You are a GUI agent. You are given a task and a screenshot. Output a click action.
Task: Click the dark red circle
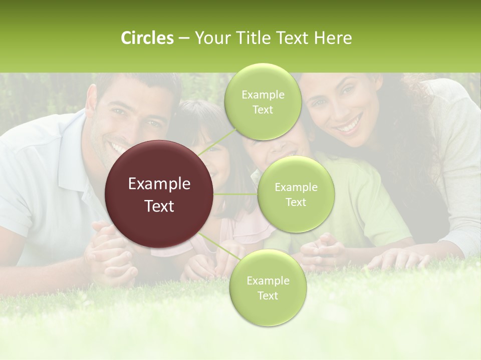[159, 194]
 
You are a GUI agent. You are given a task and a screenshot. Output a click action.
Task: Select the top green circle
[263, 102]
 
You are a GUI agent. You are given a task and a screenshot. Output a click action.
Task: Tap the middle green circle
[296, 194]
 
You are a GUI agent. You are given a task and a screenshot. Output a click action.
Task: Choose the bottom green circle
[268, 288]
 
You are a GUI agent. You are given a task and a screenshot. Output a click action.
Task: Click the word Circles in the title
[147, 38]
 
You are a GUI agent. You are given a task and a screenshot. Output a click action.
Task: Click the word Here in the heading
[333, 38]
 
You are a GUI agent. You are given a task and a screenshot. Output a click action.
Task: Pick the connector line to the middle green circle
[235, 194]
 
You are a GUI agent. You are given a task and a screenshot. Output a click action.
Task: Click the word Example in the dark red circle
[159, 184]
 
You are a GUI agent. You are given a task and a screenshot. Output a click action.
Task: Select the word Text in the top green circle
[263, 110]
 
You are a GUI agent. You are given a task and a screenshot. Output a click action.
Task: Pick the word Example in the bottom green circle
[268, 280]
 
